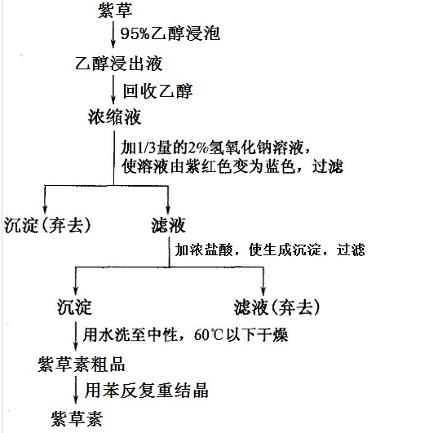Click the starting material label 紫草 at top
coord(115,11)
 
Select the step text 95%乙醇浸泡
coord(170,33)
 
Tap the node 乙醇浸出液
coord(119,64)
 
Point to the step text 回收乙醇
coord(157,91)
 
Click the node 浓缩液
coord(115,117)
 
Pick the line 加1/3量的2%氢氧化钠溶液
coord(216,148)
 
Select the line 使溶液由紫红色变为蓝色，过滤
coord(232,166)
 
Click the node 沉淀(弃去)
coord(47,225)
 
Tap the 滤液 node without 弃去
coord(168,225)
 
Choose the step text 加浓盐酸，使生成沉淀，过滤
coord(270,250)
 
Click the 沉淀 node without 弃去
coord(74,307)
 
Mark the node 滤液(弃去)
coord(276,307)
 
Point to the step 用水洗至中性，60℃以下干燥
coord(185,334)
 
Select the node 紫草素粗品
coord(82,364)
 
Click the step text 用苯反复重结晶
coord(147,390)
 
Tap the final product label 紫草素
coord(77,418)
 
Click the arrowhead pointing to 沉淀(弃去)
coord(45,209)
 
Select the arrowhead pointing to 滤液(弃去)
coord(263,291)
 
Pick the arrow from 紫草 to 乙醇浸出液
coord(113,34)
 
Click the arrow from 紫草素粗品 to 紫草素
coord(76,391)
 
